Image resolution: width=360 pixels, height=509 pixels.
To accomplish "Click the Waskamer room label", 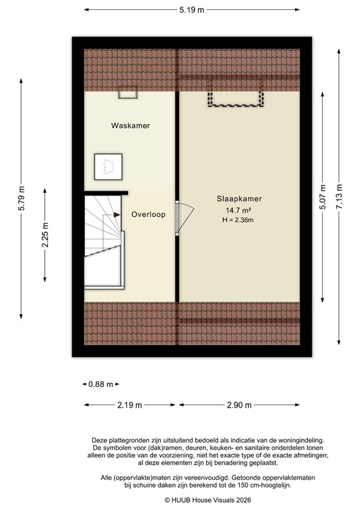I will pyautogui.click(x=131, y=125).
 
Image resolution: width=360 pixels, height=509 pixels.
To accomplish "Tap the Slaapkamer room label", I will pyautogui.click(x=239, y=198).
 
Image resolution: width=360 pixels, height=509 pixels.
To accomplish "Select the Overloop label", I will pyautogui.click(x=148, y=215).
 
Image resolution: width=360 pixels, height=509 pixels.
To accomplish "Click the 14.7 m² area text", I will pyautogui.click(x=239, y=210).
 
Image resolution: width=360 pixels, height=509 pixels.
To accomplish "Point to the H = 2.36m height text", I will pyautogui.click(x=239, y=219).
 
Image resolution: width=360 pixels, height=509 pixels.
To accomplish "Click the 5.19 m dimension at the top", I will pyautogui.click(x=192, y=10).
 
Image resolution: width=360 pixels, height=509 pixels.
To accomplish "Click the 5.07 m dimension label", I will pyautogui.click(x=323, y=197).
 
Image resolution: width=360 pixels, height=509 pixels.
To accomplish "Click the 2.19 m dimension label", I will pyautogui.click(x=130, y=404).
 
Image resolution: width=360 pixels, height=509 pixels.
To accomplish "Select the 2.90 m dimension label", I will pyautogui.click(x=239, y=404).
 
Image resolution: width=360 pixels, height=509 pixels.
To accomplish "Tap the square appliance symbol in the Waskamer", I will pyautogui.click(x=108, y=166).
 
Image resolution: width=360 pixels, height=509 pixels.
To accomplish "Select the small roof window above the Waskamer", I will pyautogui.click(x=127, y=95).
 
